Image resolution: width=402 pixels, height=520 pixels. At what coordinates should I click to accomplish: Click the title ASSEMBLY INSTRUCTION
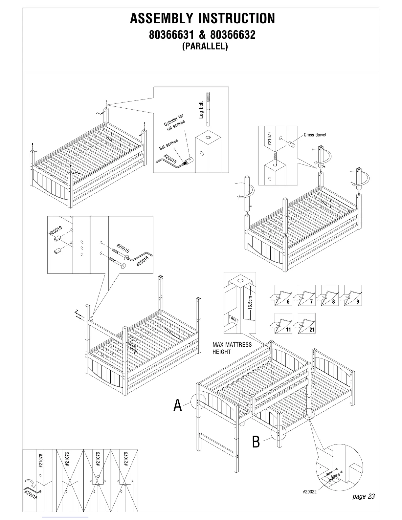(202, 19)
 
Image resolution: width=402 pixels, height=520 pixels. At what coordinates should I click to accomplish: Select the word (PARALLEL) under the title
(205, 46)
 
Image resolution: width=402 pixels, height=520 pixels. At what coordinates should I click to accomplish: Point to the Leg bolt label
(201, 110)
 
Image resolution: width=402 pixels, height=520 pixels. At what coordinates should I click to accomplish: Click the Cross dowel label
(315, 135)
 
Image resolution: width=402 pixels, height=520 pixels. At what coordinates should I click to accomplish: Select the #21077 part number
(270, 139)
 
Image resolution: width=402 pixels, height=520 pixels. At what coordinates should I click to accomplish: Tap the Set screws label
(168, 144)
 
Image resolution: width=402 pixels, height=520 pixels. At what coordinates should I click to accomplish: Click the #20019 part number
(56, 231)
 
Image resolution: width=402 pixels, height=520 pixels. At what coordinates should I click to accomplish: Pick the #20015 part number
(123, 249)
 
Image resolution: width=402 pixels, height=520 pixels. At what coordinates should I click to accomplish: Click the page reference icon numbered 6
(283, 295)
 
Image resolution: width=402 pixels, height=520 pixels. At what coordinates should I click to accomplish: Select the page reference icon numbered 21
(306, 323)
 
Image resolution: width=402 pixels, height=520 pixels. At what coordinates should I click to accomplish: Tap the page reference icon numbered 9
(353, 295)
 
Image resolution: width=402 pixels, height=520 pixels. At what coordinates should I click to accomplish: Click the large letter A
(178, 405)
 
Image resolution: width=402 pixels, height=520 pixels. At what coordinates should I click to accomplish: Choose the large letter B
(256, 442)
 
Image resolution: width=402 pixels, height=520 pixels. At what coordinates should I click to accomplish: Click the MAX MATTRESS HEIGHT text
(232, 348)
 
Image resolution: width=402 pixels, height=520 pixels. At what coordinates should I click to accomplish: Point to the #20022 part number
(310, 492)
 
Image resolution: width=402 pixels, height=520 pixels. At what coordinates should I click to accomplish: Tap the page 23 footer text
(363, 496)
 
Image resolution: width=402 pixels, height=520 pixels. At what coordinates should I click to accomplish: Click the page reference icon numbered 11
(283, 323)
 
